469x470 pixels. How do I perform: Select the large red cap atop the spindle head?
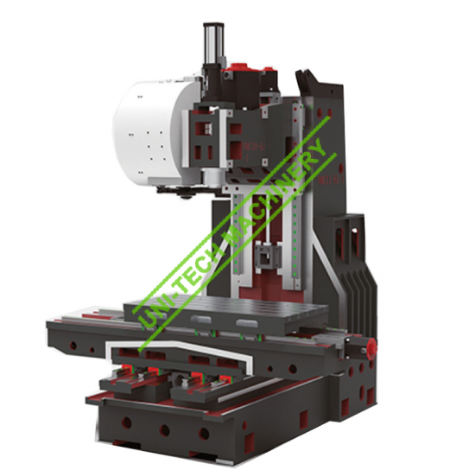[x=239, y=67]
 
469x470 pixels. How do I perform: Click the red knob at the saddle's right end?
[x=371, y=346]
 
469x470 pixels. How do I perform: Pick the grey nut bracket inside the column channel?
[x=268, y=256]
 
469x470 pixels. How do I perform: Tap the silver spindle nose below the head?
[x=211, y=177]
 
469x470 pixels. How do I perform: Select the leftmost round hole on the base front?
[x=126, y=423]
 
